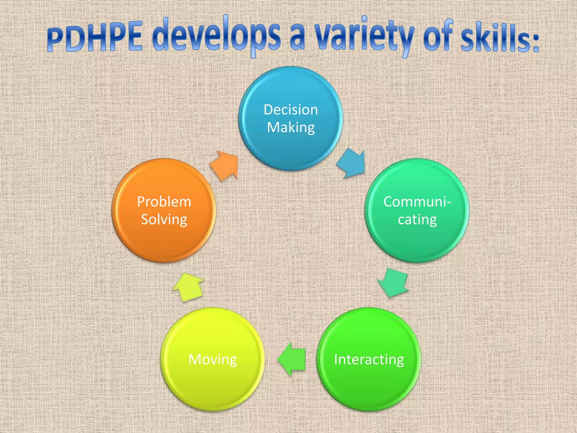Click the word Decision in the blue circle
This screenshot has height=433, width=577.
coord(291,110)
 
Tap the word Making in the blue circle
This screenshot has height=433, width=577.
coord(291,128)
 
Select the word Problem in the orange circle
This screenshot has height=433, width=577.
coord(164,202)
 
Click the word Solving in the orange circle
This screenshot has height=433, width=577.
coord(164,220)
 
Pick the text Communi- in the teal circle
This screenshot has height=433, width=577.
coord(417,202)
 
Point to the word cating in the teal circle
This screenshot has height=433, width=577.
coord(417,220)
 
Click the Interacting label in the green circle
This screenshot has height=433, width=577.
coord(369,359)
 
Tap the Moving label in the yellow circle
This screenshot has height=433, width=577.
coord(212,359)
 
